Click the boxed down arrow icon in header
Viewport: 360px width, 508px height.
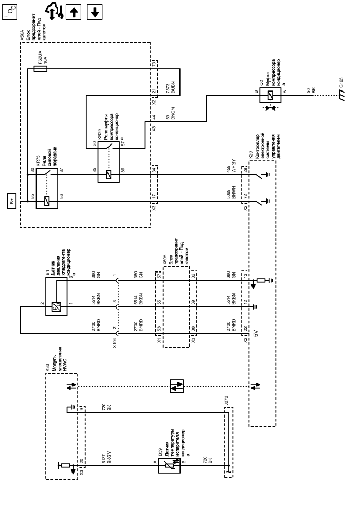(x=94, y=11)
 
